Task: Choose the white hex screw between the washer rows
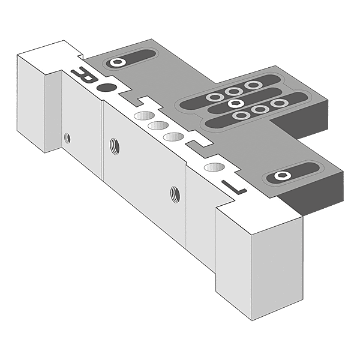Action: (233, 103)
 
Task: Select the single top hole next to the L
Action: (212, 167)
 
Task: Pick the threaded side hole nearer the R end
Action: (113, 144)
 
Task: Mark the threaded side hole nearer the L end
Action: (175, 194)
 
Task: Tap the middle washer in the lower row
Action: (259, 109)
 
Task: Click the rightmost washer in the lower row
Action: (278, 104)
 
